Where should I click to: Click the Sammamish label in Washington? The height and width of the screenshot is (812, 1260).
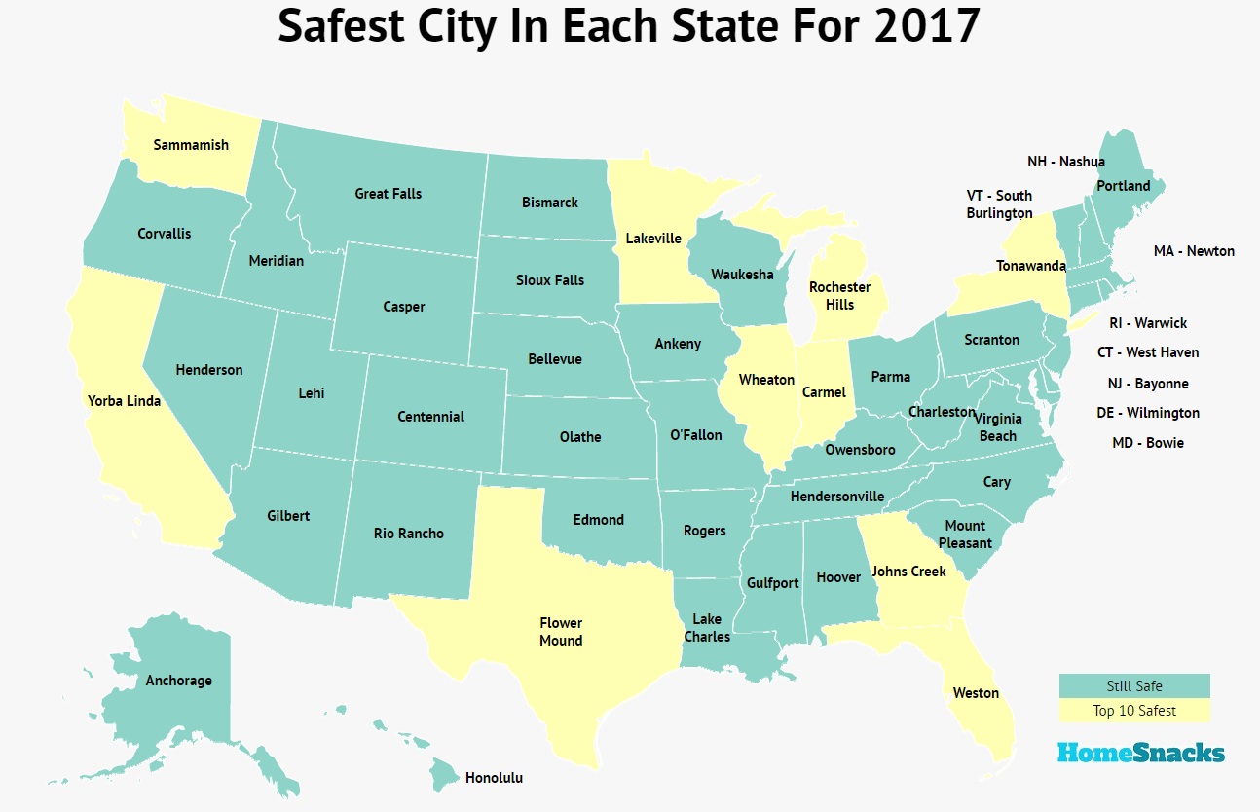(191, 145)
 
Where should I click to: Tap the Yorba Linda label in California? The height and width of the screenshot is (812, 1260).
(124, 400)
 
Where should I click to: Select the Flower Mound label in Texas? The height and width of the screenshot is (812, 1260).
(561, 631)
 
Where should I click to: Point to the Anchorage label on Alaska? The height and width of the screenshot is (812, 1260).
(178, 681)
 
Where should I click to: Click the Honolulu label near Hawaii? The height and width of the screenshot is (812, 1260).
(494, 778)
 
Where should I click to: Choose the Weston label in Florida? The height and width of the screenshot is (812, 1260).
(976, 693)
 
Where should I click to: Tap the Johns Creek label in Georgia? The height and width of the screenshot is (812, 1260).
(908, 572)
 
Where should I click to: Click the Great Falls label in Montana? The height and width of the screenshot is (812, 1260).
(388, 194)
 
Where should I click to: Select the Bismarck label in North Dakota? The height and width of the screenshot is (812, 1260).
(550, 203)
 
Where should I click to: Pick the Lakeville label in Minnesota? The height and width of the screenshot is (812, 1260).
(653, 238)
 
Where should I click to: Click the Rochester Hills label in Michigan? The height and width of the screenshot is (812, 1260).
(839, 296)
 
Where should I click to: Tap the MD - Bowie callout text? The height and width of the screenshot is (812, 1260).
(1148, 443)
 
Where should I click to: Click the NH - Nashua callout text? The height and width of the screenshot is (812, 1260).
(1066, 162)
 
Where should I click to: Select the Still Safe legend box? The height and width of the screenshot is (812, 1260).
(1134, 686)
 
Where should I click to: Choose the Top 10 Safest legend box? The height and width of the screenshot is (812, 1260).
(1134, 711)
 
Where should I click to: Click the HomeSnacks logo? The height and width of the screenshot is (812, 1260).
(1140, 753)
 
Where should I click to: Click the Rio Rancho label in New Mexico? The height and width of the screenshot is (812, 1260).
(409, 534)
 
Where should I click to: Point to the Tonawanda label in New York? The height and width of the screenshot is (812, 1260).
(1030, 266)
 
